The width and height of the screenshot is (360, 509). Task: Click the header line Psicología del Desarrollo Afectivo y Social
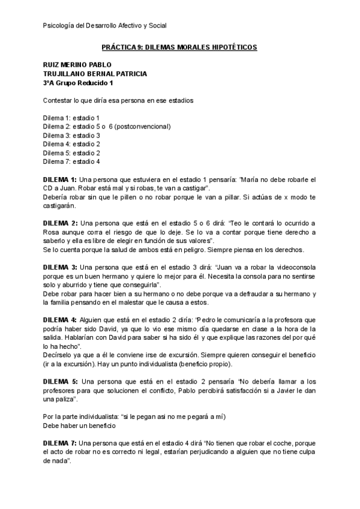[x=106, y=25]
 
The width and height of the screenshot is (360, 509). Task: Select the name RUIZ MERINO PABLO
[x=77, y=65]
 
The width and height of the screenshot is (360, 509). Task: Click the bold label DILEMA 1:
[x=59, y=179]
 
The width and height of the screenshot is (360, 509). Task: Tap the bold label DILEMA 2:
[x=59, y=223]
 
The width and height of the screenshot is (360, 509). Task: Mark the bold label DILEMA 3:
[x=59, y=267]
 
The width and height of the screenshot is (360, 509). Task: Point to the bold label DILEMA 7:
[x=59, y=443]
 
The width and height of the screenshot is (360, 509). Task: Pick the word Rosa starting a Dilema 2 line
[x=52, y=232]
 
